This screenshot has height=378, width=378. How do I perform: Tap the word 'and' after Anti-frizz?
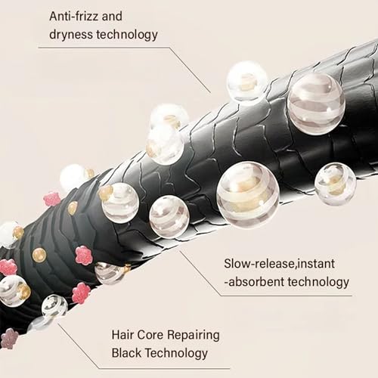[112, 17]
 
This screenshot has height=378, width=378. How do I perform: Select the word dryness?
[71, 35]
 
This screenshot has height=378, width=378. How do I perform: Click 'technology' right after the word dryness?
[127, 35]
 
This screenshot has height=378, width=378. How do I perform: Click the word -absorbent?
[254, 282]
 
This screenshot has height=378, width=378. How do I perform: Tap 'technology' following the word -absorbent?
[318, 283]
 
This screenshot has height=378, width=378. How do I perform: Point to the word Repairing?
[194, 336]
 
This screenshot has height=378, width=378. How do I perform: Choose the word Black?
[126, 353]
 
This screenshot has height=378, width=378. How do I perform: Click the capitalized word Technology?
[177, 354]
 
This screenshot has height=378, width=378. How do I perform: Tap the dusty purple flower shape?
[9, 338]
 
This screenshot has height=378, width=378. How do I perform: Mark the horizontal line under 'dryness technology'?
[104, 48]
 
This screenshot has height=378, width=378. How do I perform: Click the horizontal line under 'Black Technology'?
[164, 368]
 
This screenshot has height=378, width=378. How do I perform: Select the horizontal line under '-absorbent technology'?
[287, 296]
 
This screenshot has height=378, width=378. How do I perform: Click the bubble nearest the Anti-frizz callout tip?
[246, 81]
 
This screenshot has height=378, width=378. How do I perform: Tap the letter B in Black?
[116, 353]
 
